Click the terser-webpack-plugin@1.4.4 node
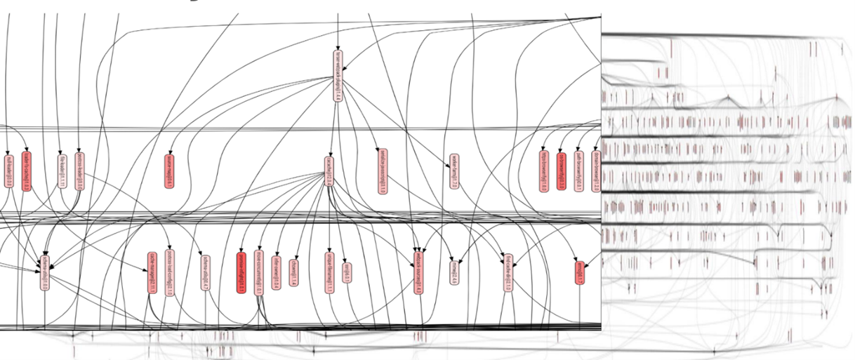tap(338, 76)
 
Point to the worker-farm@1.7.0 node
tap(454, 172)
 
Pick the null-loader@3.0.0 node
tap(9, 172)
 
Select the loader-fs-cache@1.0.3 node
tap(26, 171)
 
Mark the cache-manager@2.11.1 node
tap(152, 273)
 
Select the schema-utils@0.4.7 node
tap(206, 272)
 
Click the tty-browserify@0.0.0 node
tap(561, 171)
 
